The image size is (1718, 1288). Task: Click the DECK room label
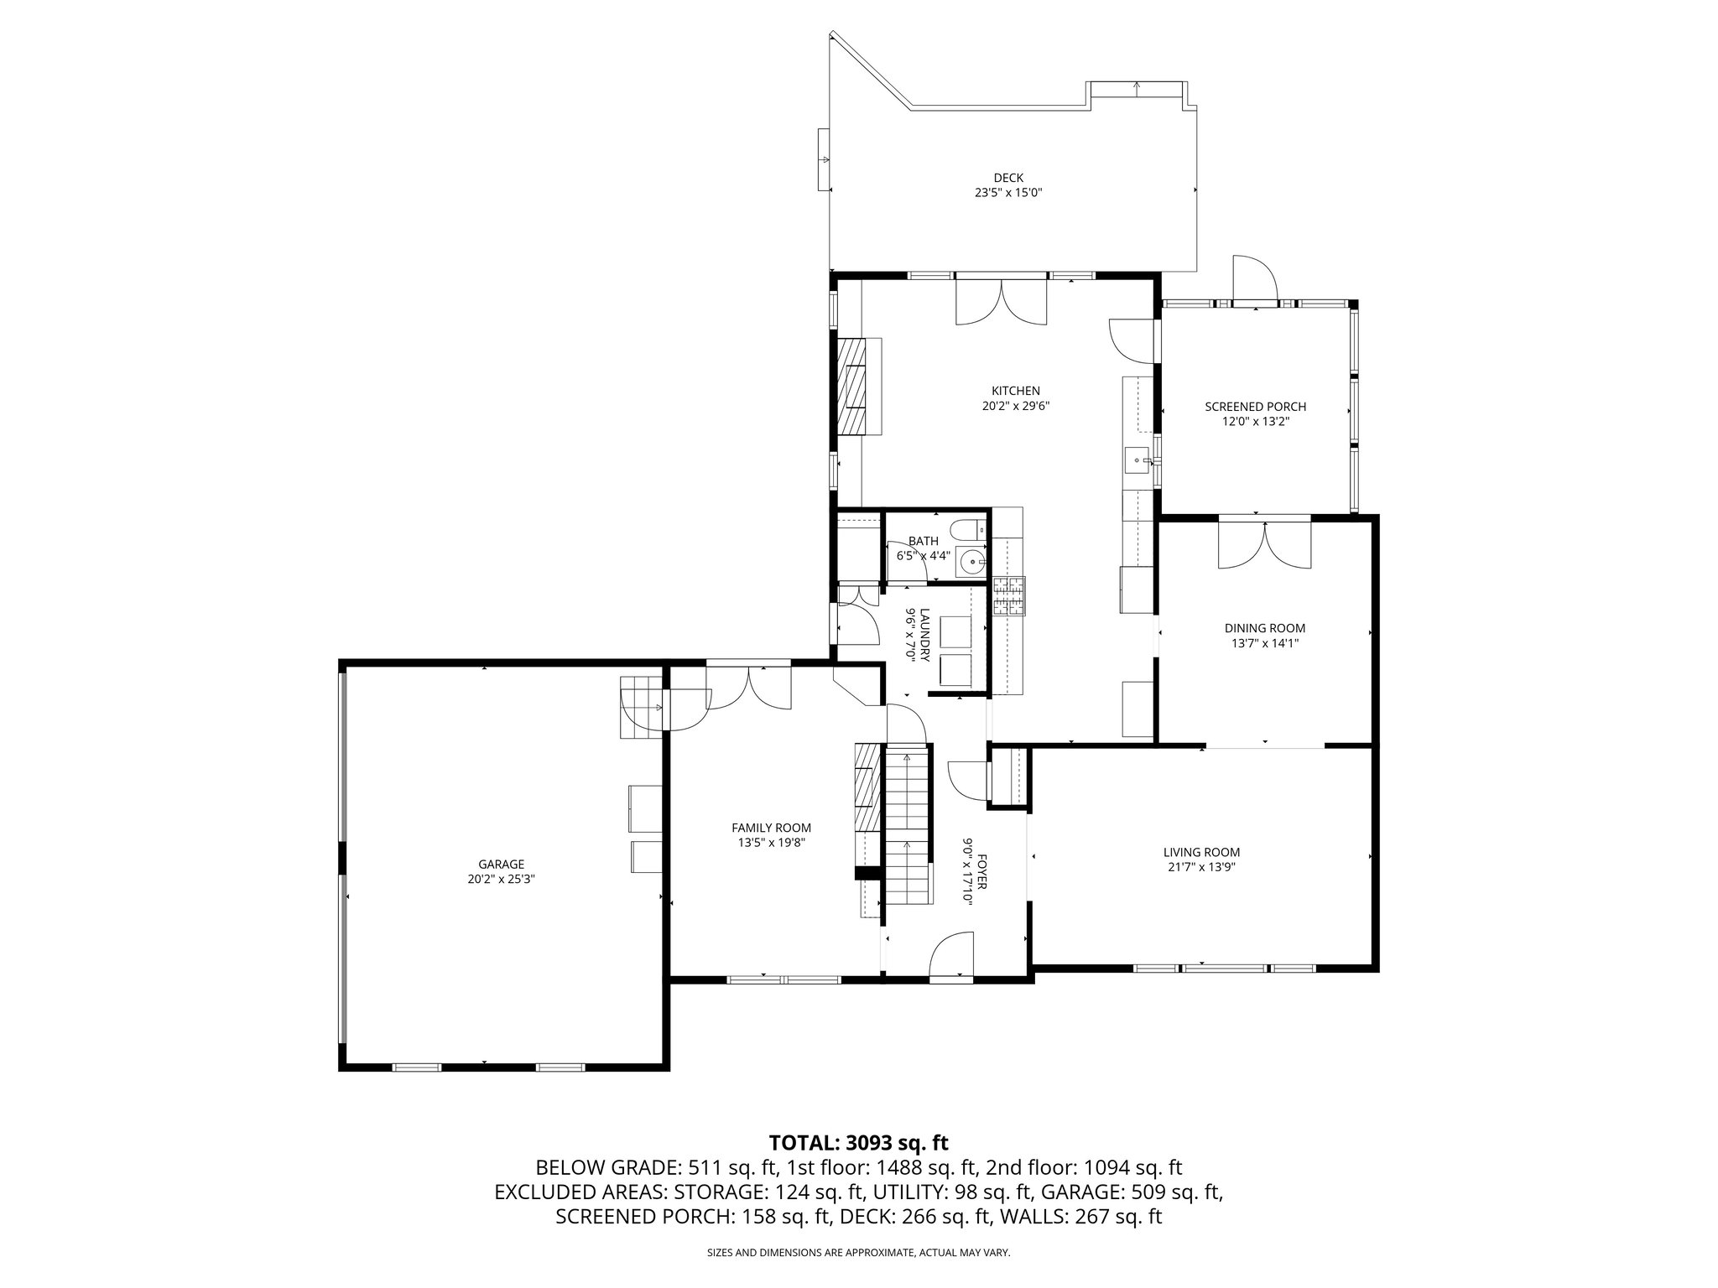[1008, 178]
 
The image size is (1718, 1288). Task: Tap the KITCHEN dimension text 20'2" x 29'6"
[1016, 406]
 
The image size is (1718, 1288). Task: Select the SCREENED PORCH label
[1255, 407]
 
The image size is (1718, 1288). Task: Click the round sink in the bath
[971, 560]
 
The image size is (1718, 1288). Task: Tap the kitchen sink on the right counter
[1138, 460]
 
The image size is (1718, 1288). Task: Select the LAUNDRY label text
[924, 635]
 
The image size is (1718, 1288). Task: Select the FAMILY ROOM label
[771, 828]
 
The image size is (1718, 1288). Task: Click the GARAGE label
[501, 865]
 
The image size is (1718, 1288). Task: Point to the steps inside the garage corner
[641, 707]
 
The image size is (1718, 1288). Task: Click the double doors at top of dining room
[1264, 545]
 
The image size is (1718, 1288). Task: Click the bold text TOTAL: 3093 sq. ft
[858, 1142]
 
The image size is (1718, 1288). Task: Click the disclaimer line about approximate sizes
[858, 1253]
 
